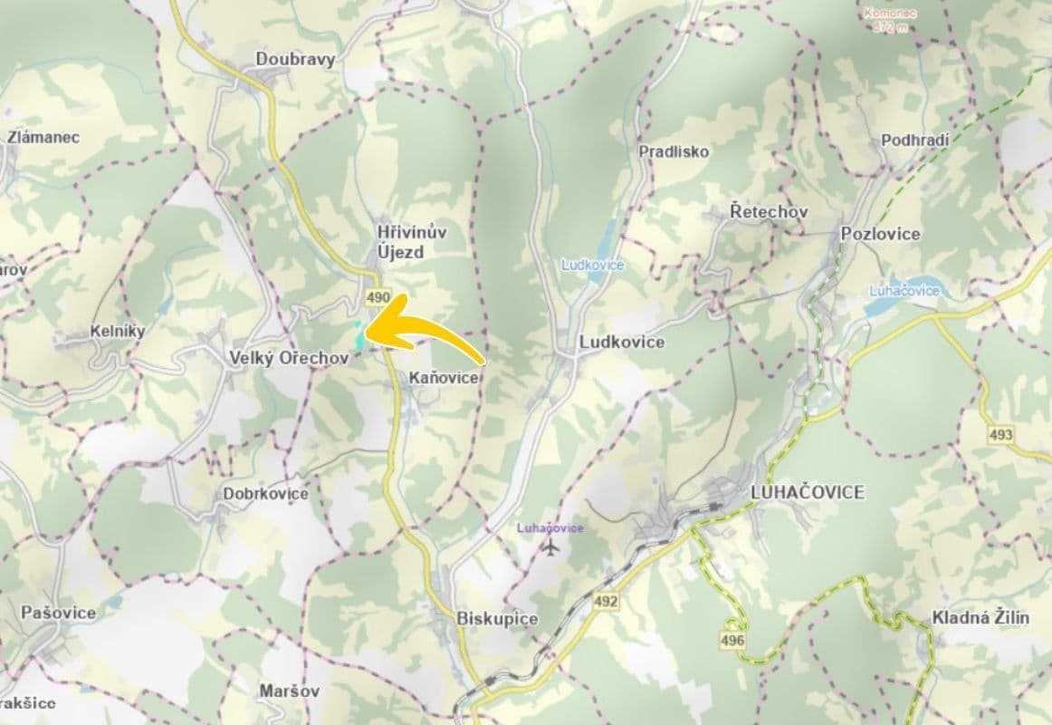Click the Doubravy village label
pyautogui.click(x=295, y=60)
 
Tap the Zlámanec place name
pyautogui.click(x=43, y=138)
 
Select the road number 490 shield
pyautogui.click(x=378, y=297)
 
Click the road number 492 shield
pyautogui.click(x=606, y=600)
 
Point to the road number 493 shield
pyautogui.click(x=1000, y=435)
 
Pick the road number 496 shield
pyautogui.click(x=733, y=641)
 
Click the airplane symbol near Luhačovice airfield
pyautogui.click(x=550, y=547)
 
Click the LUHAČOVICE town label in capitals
pyautogui.click(x=808, y=492)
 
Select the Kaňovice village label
pyautogui.click(x=443, y=378)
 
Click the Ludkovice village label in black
pyautogui.click(x=622, y=343)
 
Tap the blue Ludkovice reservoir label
pyautogui.click(x=592, y=265)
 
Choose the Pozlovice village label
pyautogui.click(x=880, y=234)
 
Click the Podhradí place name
pyautogui.click(x=914, y=140)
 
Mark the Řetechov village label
pyautogui.click(x=769, y=211)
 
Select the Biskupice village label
pyautogui.click(x=498, y=619)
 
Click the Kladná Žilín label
pyautogui.click(x=981, y=618)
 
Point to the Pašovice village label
pyautogui.click(x=59, y=613)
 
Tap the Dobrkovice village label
pyautogui.click(x=265, y=494)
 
